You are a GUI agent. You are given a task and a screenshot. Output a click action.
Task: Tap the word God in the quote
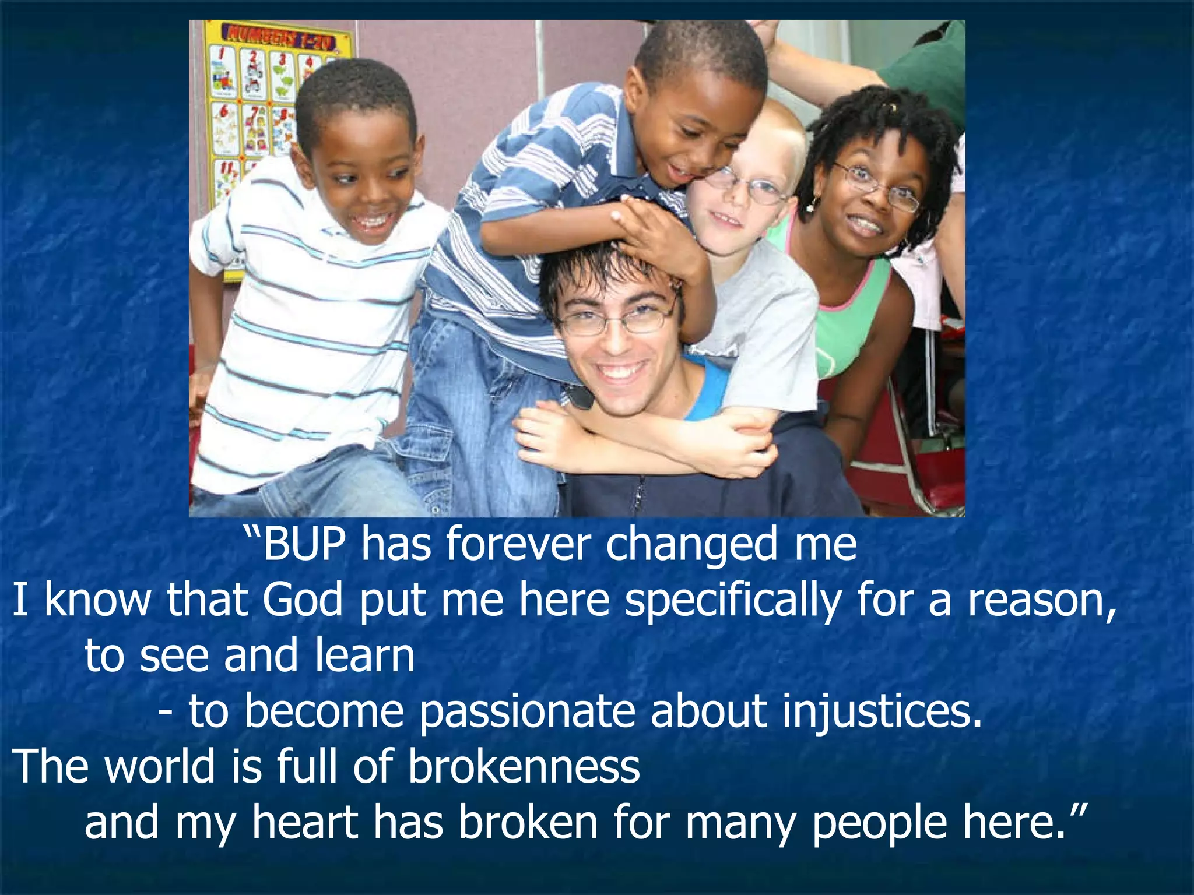pos(302,600)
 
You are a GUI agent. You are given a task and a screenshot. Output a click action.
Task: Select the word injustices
pos(882,711)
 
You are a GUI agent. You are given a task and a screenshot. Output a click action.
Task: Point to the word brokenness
pos(524,766)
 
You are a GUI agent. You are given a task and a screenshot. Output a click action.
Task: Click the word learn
pos(364,655)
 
